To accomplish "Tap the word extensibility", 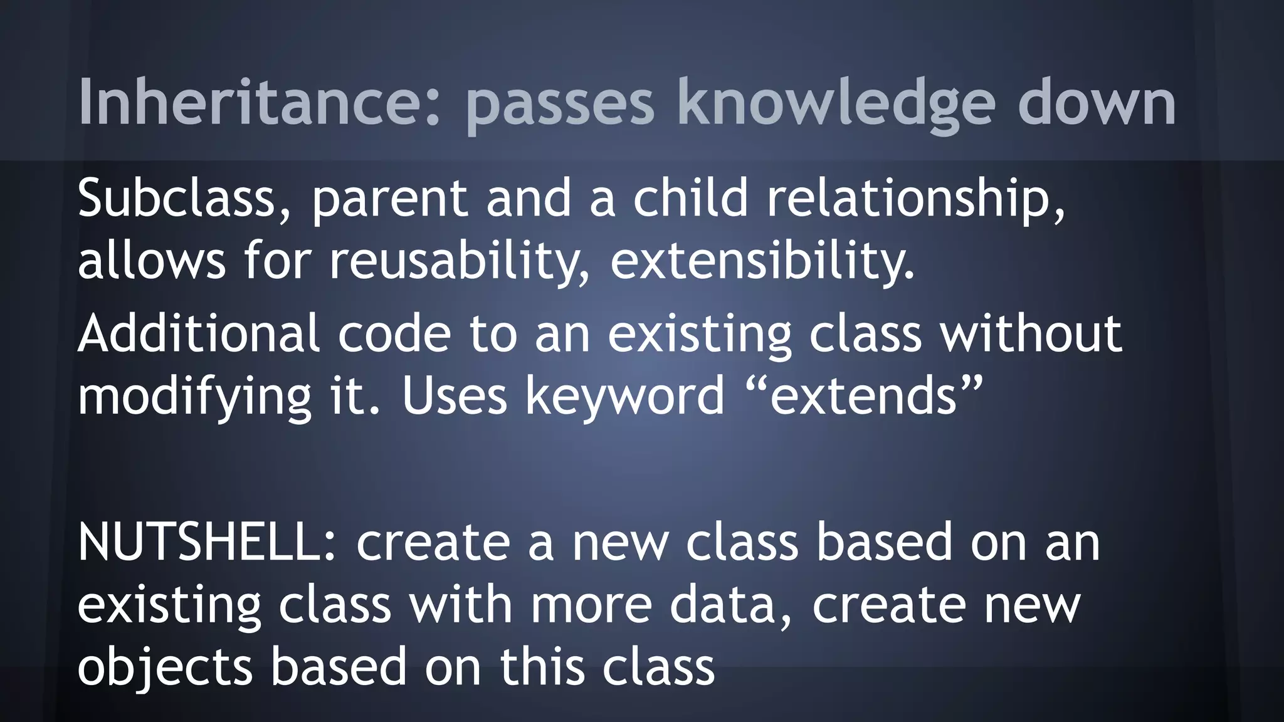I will coord(762,262).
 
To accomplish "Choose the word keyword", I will coord(624,397).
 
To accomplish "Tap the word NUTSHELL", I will coord(207,542).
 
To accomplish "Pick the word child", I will coord(690,197).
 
